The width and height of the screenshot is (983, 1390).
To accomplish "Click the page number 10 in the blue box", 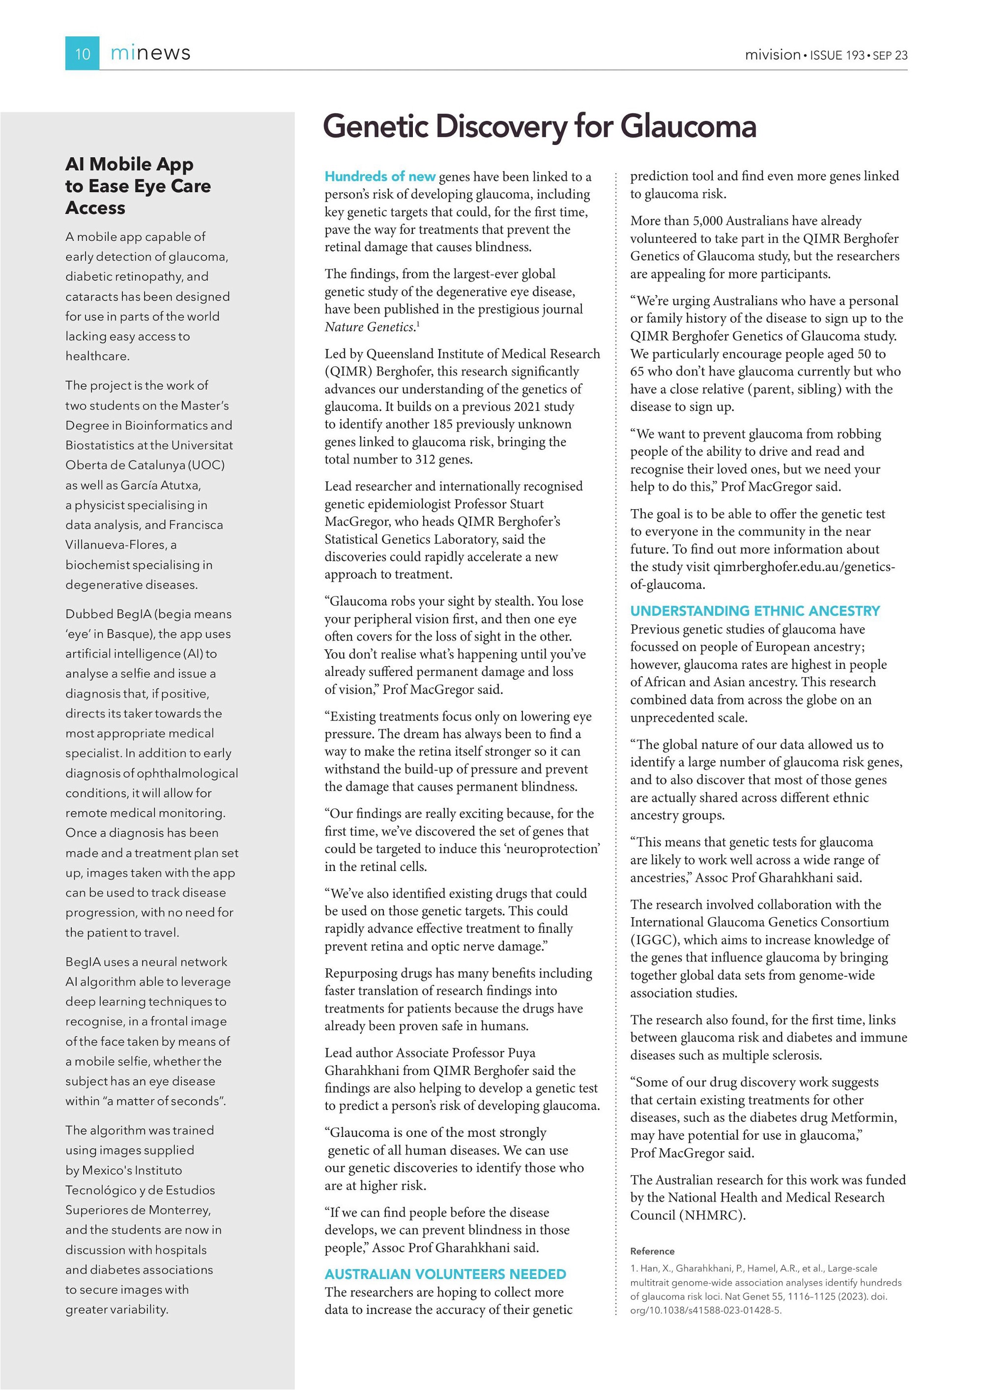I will click(x=82, y=54).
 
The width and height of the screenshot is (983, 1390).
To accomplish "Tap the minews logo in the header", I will click(x=150, y=53).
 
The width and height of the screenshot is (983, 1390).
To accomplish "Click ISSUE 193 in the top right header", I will click(x=837, y=55).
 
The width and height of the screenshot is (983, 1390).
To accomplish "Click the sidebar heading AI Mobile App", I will click(x=130, y=164).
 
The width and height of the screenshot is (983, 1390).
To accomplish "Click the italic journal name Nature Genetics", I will click(x=369, y=327).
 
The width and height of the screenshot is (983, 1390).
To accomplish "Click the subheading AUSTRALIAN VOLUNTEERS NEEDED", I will click(x=445, y=1274).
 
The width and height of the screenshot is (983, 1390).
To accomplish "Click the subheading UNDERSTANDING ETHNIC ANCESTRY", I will click(x=755, y=611).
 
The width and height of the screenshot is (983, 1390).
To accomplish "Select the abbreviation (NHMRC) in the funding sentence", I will click(x=712, y=1215).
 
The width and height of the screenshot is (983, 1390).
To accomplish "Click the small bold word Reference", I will click(x=652, y=1251).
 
